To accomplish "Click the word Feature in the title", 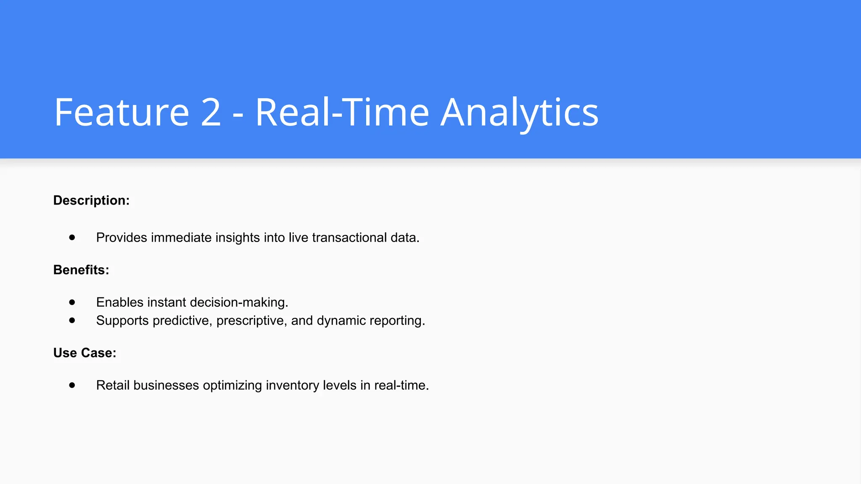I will point(121,112).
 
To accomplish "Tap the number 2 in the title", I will point(211,112).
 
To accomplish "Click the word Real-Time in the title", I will point(342,112).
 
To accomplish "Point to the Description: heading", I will point(91,200).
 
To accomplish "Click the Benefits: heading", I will point(81,270).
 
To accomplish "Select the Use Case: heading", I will point(85,353).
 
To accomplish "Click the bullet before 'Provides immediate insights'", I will point(72,237).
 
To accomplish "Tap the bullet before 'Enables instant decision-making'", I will point(72,302).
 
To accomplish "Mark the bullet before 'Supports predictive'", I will point(72,320).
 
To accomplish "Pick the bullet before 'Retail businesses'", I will point(72,385).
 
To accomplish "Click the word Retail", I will point(113,385).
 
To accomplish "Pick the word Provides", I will point(121,238).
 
